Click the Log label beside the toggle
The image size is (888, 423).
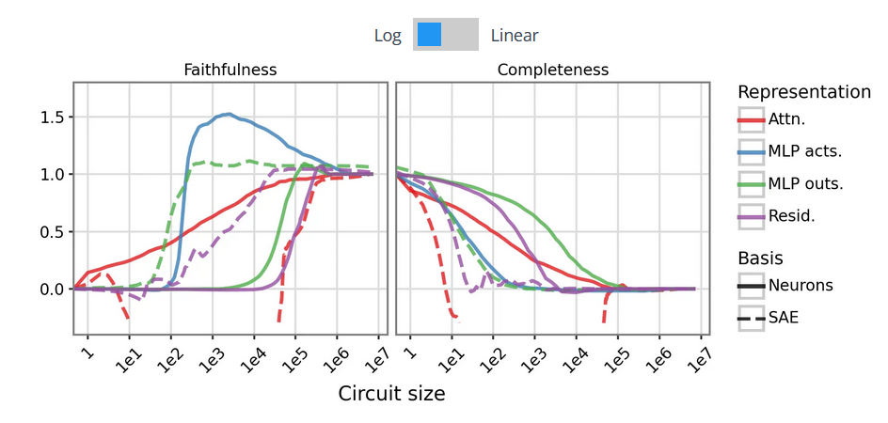(387, 36)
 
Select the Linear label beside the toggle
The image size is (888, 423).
(515, 36)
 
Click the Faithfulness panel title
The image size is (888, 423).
(230, 70)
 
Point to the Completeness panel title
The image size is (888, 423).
(552, 70)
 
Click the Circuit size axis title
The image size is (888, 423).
(391, 394)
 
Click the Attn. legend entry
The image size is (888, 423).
(785, 119)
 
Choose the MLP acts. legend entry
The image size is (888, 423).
(805, 151)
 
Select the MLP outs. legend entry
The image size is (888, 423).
(805, 183)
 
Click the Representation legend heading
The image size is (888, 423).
(803, 92)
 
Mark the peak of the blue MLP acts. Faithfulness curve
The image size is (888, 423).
(228, 114)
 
